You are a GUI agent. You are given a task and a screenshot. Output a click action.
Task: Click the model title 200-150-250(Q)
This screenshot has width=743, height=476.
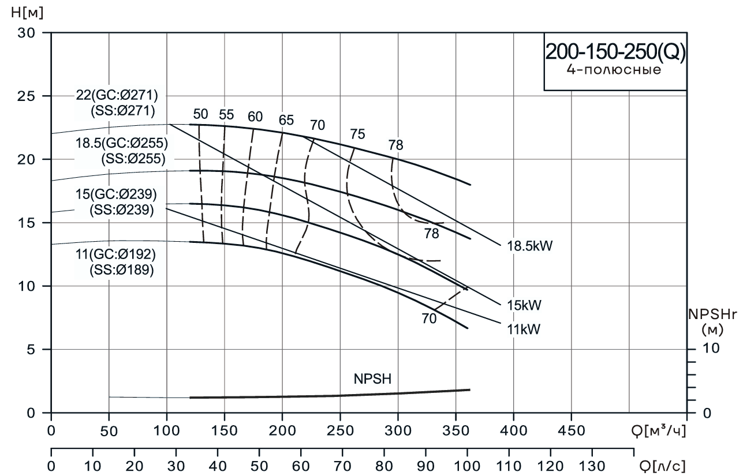615,53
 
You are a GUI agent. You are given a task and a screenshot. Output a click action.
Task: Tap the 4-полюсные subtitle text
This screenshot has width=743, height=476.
615,71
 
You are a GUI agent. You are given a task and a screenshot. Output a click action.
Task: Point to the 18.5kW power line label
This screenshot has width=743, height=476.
530,246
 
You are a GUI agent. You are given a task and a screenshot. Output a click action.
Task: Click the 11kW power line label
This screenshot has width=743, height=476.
522,329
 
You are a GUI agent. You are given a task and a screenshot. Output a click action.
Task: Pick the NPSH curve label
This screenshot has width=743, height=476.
372,379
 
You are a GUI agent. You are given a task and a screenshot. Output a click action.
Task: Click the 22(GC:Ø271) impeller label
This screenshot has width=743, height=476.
117,96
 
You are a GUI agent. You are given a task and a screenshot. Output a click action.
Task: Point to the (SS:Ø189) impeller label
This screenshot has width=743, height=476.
121,269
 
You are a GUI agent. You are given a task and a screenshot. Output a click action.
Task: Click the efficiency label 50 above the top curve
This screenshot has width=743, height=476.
200,114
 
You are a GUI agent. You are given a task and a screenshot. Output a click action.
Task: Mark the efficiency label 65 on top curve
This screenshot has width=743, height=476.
286,121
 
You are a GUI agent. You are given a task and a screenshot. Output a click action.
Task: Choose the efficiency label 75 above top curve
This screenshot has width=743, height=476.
358,134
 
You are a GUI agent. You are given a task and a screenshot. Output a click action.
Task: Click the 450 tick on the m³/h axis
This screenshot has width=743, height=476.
571,431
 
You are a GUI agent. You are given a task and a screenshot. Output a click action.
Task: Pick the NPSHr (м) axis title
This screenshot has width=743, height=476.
714,323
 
